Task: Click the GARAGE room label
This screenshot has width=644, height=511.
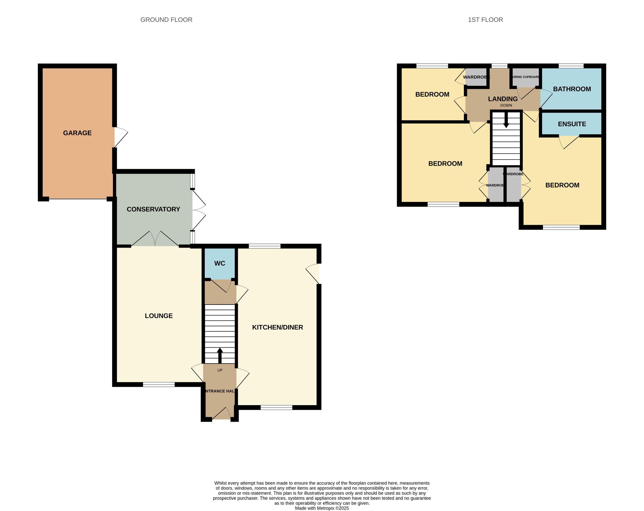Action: pyautogui.click(x=77, y=133)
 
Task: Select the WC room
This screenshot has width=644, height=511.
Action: pyautogui.click(x=220, y=263)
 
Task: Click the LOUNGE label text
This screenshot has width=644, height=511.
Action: pyautogui.click(x=159, y=316)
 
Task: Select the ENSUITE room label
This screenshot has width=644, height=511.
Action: pyautogui.click(x=572, y=124)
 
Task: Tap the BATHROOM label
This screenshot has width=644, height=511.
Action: pyautogui.click(x=572, y=89)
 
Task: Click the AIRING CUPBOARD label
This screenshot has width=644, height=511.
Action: pyautogui.click(x=526, y=77)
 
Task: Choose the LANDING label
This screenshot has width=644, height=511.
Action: pyautogui.click(x=503, y=99)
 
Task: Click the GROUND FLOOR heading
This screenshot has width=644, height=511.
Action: pyautogui.click(x=166, y=20)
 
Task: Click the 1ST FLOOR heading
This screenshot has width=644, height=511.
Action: pyautogui.click(x=485, y=20)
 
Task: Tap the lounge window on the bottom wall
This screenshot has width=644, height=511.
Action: pyautogui.click(x=159, y=384)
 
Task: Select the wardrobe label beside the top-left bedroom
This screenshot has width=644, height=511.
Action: pyautogui.click(x=476, y=77)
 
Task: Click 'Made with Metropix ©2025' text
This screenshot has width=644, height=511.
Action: pyautogui.click(x=322, y=508)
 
